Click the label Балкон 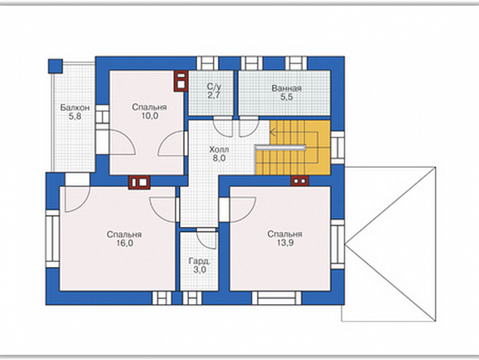75,107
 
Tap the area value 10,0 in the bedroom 150,116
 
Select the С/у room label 214,86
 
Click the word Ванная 286,88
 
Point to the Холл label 219,150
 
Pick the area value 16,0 125,244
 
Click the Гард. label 199,261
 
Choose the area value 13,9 285,243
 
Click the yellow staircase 292,147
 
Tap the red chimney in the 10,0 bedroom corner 181,81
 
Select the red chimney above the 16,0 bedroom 139,182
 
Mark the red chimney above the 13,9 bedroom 300,181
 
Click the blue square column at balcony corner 55,66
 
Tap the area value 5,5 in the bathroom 286,97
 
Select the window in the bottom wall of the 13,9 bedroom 277,298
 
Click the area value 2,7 214,95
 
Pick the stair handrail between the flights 280,147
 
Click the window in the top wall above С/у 208,63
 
